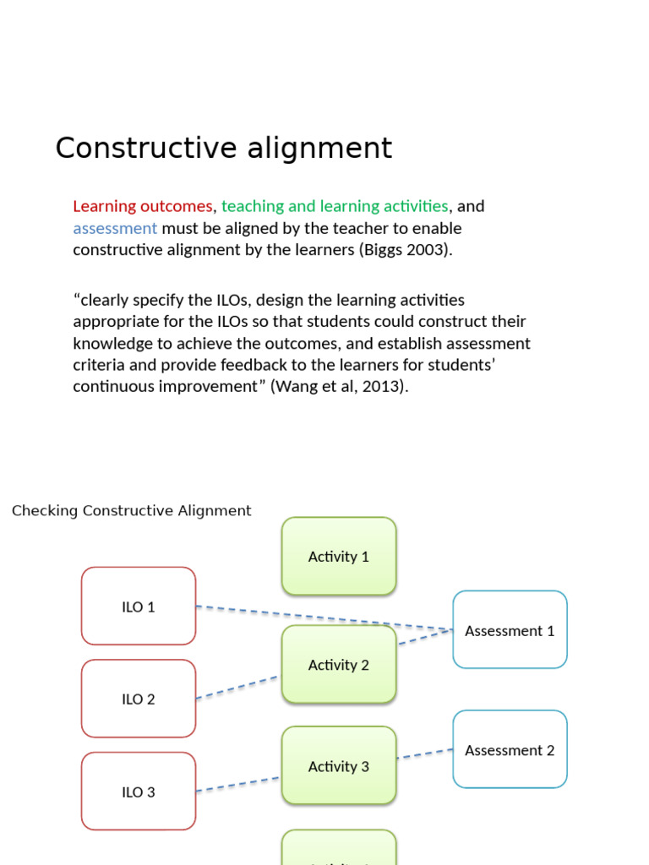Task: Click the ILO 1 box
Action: pos(139,606)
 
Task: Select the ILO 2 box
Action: pos(139,699)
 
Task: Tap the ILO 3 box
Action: pos(139,792)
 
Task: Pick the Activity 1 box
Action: pos(338,556)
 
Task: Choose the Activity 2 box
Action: pos(338,665)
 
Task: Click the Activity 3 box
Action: pos(338,766)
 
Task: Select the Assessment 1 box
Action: pos(510,630)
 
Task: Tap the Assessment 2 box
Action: pos(510,749)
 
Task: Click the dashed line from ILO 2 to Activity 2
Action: pos(237,687)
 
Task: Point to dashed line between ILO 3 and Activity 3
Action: pos(237,784)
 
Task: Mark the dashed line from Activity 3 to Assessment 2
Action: pos(424,753)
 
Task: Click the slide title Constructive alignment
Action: pos(223,148)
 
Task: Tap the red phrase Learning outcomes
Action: pos(142,206)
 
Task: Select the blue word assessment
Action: pos(115,228)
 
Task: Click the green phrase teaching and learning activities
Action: pos(335,206)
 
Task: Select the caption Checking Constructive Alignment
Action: pos(131,510)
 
